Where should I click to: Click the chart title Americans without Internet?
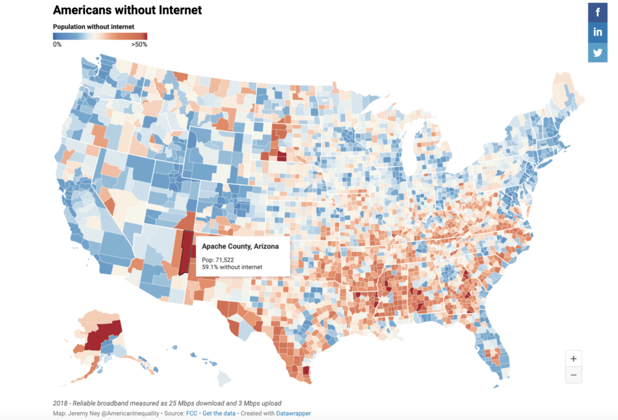point(127,10)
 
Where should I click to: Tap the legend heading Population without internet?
point(94,27)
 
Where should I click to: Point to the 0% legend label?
point(57,44)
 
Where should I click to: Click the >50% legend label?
point(139,44)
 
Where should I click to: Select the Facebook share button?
point(598,12)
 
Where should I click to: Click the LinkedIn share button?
point(598,32)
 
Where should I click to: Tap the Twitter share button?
point(598,52)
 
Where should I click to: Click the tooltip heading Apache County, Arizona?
point(240,247)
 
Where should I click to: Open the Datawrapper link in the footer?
point(293,414)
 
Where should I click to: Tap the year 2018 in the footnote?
point(61,403)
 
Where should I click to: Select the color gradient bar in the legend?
point(100,36)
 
